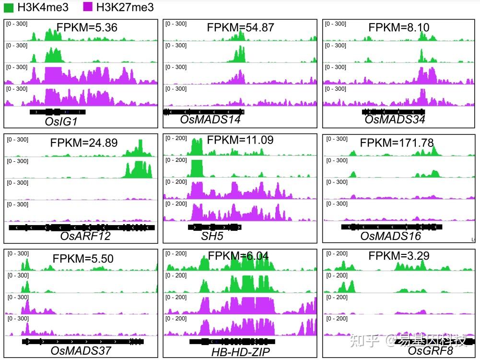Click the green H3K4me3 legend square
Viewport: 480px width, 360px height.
[x=9, y=7]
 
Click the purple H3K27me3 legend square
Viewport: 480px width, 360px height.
[x=87, y=7]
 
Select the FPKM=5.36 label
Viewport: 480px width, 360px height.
[x=87, y=27]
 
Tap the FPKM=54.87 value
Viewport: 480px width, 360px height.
[x=240, y=27]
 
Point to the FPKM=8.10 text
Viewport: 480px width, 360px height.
[x=399, y=27]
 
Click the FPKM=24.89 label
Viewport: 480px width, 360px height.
[x=84, y=143]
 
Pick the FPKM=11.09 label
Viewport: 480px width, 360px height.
[x=240, y=140]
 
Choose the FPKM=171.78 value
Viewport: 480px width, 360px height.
[x=397, y=143]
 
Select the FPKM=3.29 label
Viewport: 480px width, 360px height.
[x=399, y=256]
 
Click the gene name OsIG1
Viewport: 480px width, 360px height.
[x=61, y=121]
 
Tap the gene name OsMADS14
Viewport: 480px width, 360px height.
[x=211, y=120]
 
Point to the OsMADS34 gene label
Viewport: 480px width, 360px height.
[x=395, y=120]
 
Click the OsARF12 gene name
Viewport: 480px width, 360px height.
[x=85, y=236]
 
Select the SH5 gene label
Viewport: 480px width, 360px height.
[x=212, y=236]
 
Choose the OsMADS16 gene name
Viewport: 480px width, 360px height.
[x=390, y=236]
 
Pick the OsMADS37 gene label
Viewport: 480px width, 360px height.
[x=81, y=351]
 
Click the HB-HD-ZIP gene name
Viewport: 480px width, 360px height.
[x=241, y=352]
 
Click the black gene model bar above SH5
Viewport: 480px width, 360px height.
[x=214, y=227]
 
